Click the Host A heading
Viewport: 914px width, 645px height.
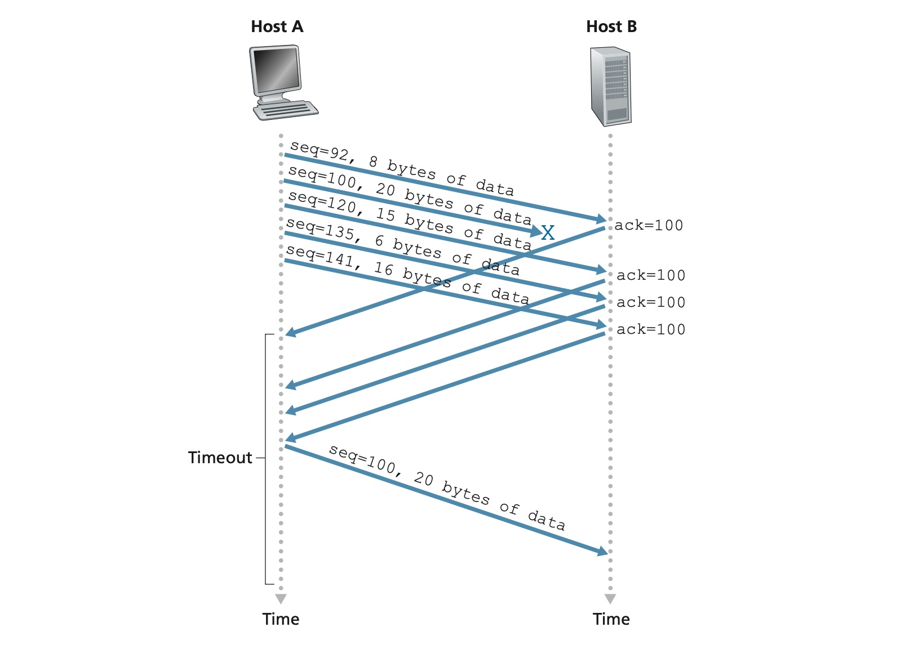coord(277,26)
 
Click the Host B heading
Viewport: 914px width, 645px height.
coord(611,26)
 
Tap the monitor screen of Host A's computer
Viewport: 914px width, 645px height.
coord(276,69)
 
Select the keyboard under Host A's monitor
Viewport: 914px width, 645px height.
coord(286,110)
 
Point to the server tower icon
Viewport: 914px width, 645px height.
coord(610,86)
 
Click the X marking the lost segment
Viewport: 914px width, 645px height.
coord(548,232)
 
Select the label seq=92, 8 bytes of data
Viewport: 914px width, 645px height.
coord(402,168)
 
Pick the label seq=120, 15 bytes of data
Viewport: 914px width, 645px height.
coord(410,220)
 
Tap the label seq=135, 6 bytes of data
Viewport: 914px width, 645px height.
coord(402,247)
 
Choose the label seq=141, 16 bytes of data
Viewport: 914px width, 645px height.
coord(407,274)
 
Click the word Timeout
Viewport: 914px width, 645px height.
coord(220,458)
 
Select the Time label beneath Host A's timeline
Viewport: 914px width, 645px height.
coord(281,619)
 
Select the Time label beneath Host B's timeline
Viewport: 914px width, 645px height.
coord(611,619)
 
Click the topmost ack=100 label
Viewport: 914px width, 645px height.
coord(649,226)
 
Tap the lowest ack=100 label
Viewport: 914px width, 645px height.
coord(651,329)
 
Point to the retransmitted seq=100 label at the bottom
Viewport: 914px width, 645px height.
coord(447,487)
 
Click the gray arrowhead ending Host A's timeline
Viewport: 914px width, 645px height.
coord(281,598)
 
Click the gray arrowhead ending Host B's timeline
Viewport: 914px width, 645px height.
coord(610,598)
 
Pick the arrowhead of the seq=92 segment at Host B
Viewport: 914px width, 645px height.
coord(602,219)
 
